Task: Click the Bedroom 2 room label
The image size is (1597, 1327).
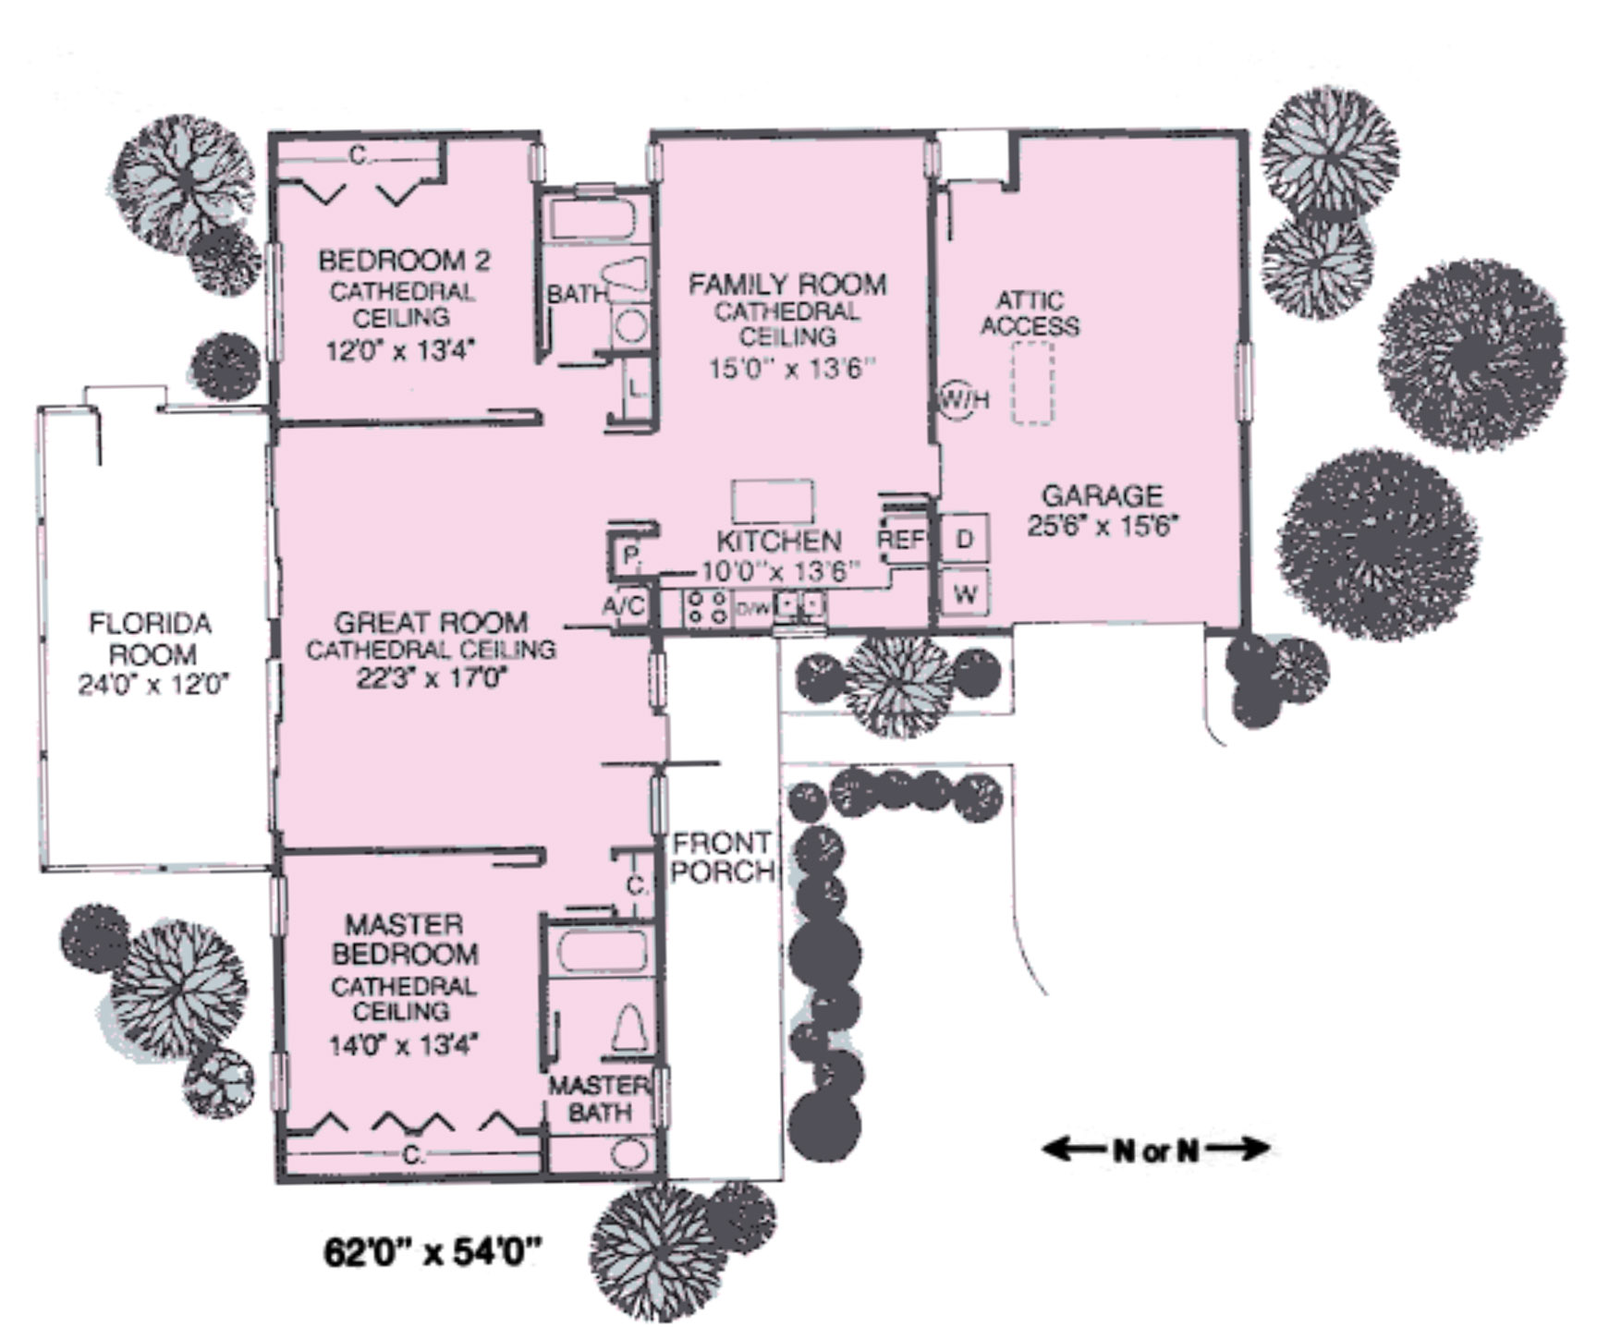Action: point(404,261)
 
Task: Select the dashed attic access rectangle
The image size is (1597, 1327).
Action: point(1031,383)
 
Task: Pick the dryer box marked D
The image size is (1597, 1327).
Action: point(965,539)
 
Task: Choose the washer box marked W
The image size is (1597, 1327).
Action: point(965,593)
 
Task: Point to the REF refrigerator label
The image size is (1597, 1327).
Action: point(901,539)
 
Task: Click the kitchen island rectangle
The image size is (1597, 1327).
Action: point(773,501)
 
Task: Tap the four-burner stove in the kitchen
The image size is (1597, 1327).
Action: point(707,607)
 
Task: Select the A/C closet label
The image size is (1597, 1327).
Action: point(624,607)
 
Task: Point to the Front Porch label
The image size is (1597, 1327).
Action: point(723,857)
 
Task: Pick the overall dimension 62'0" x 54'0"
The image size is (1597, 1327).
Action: point(432,1253)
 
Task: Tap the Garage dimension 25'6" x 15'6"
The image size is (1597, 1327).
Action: point(1102,525)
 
